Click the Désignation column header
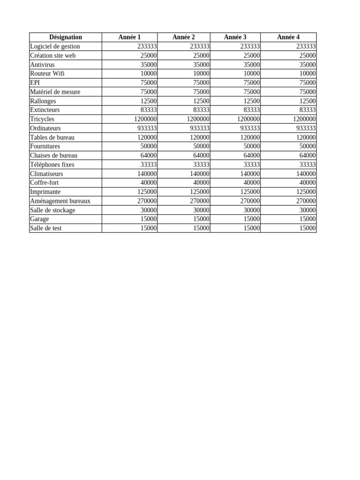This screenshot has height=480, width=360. (65, 37)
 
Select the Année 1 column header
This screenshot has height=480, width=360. (129, 37)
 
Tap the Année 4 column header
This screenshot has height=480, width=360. (288, 37)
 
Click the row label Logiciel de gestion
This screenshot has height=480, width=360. (55, 46)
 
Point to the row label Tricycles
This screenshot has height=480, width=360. (42, 119)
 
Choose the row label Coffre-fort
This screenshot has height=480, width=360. (44, 183)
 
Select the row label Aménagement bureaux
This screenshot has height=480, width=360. (60, 201)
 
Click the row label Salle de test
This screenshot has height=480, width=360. (45, 228)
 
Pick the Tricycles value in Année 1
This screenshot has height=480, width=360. (145, 119)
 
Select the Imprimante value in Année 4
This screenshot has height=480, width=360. (304, 192)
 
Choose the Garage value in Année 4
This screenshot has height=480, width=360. (307, 219)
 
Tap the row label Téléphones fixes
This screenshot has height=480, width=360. (52, 165)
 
